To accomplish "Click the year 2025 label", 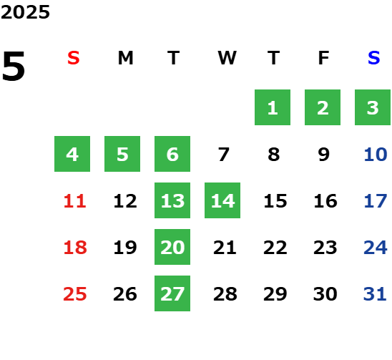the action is (x=25, y=12).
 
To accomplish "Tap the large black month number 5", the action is (x=14, y=66).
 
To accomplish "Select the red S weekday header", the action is (x=74, y=58).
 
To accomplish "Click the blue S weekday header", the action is (x=374, y=58).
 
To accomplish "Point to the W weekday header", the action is (x=227, y=58).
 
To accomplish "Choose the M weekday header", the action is (x=125, y=58).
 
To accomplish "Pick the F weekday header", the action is (x=324, y=58).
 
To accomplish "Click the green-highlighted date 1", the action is (x=273, y=107).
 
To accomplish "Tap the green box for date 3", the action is (x=373, y=107).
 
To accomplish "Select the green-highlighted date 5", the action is (x=122, y=154).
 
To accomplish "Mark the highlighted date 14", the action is (x=222, y=200).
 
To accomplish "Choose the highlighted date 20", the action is (x=172, y=247).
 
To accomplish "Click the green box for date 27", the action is (x=172, y=293).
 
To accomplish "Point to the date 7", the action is (x=223, y=155).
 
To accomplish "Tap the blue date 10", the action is (x=376, y=155).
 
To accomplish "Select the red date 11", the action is (x=75, y=201).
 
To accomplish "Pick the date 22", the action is (x=275, y=248).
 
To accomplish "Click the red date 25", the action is (x=75, y=294).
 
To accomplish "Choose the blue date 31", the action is (x=375, y=294).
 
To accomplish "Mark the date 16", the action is (x=325, y=201).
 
